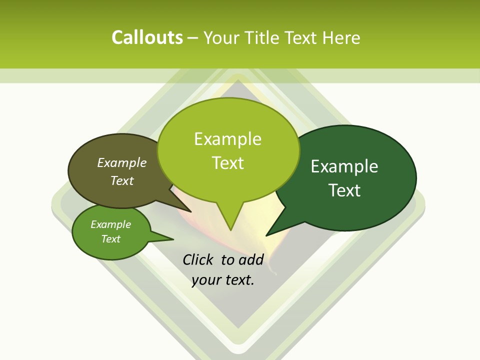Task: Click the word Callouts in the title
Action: [x=147, y=37]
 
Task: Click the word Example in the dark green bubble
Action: [x=344, y=166]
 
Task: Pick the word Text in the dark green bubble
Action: [x=345, y=190]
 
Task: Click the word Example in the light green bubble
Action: [x=227, y=139]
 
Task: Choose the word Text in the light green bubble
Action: [x=228, y=163]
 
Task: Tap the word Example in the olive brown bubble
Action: [x=122, y=163]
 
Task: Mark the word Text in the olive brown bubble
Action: [x=122, y=180]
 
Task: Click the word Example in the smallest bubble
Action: [x=110, y=224]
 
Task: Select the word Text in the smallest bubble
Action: [x=110, y=239]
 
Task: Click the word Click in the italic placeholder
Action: [x=198, y=259]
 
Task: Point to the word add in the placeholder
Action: [x=251, y=259]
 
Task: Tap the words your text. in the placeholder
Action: [x=223, y=280]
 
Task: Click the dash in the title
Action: [x=193, y=38]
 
